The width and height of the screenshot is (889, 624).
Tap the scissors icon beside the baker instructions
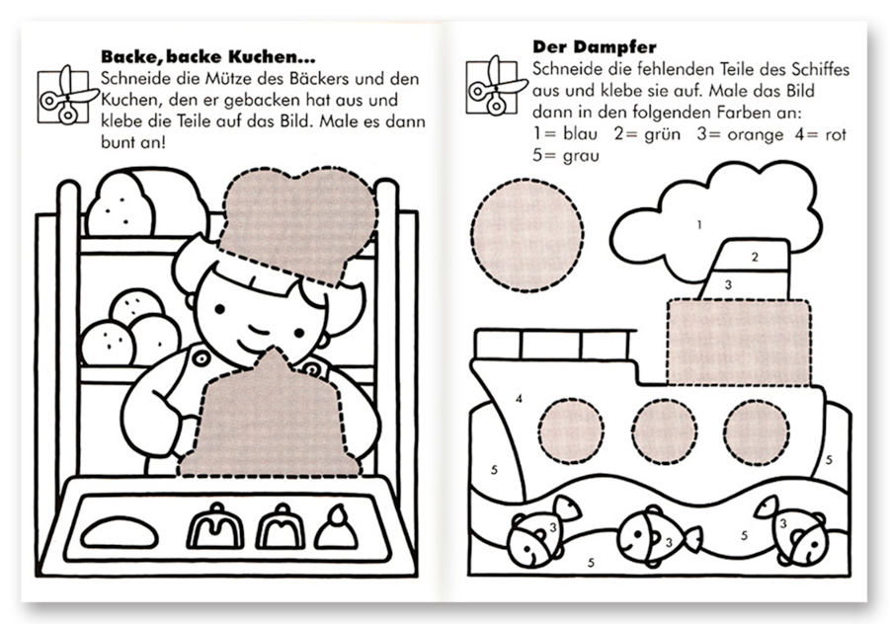[x=66, y=95]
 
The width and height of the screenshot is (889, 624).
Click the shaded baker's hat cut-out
[x=296, y=222]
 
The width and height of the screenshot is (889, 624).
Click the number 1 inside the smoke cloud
[x=699, y=225]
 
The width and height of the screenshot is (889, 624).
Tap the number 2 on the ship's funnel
[x=755, y=258]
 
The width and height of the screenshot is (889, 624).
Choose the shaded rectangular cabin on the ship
[x=739, y=342]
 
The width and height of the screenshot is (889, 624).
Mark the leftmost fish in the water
[x=533, y=538]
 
